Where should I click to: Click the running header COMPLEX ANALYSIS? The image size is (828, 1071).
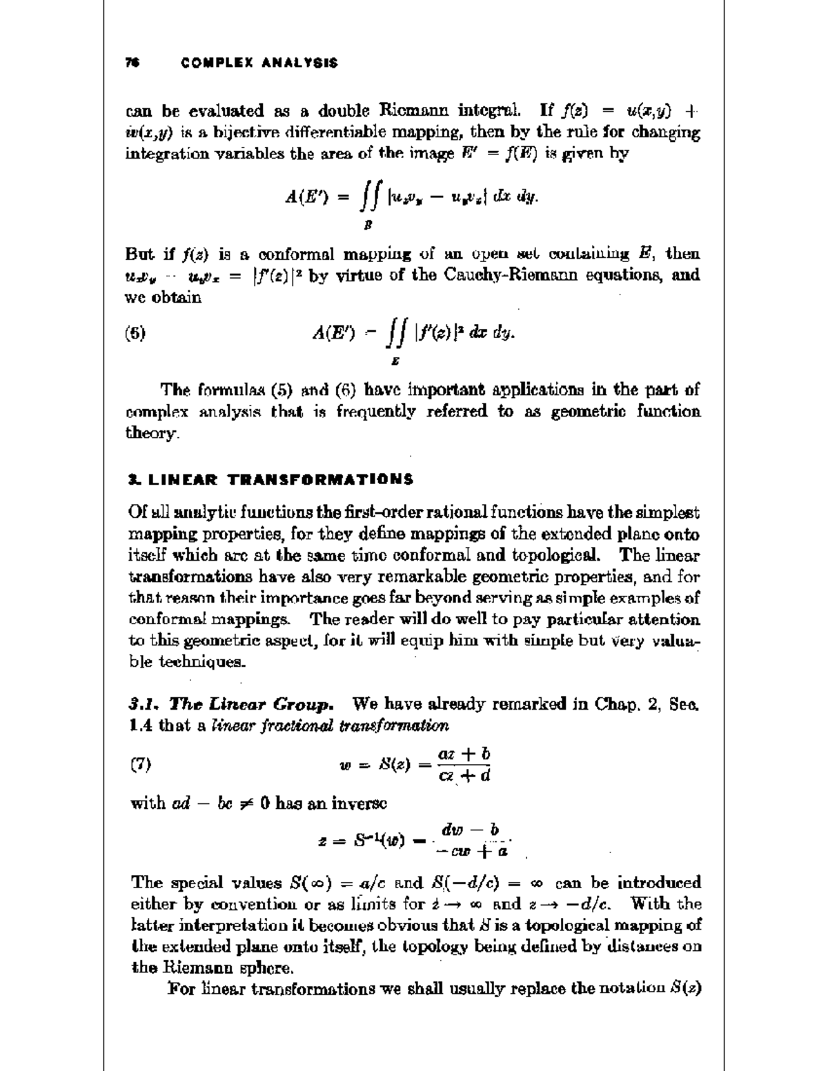coord(259,63)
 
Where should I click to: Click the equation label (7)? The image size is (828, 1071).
coord(140,763)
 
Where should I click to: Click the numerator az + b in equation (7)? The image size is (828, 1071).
coord(464,754)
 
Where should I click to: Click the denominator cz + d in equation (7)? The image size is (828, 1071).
coord(464,776)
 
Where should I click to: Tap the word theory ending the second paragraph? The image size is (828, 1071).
coord(153,434)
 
